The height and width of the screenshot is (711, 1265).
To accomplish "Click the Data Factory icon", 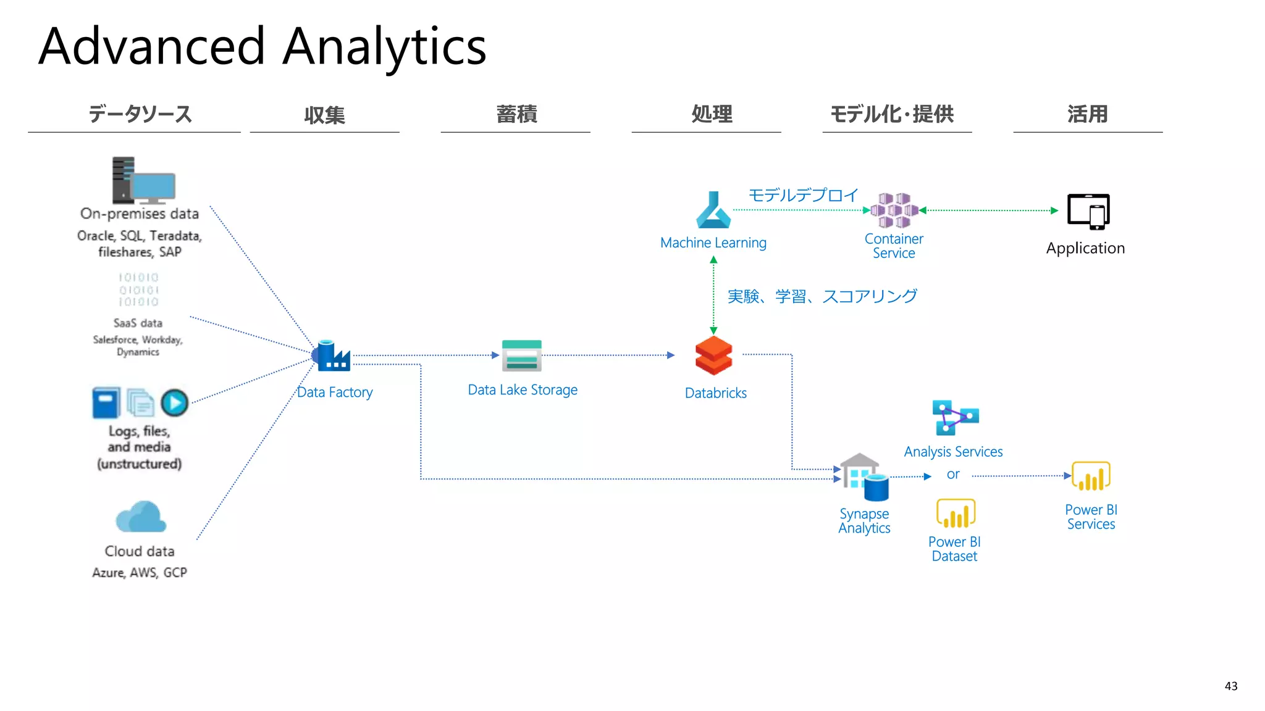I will [x=332, y=355].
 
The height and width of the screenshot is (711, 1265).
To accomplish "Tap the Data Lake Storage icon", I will [x=521, y=355].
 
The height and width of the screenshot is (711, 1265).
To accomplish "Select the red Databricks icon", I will [x=713, y=355].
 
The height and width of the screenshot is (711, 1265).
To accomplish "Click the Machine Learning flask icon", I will [x=713, y=210].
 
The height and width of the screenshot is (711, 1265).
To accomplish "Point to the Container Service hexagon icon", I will [x=894, y=210].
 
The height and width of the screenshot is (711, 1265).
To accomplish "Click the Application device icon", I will [x=1088, y=211].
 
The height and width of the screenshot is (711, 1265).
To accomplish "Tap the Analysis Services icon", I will [x=954, y=418].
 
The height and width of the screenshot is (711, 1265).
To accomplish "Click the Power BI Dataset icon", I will [x=955, y=513].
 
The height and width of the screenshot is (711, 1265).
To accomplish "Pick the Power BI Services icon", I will [x=1091, y=476].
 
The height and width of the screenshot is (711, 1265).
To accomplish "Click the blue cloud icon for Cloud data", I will [x=141, y=517].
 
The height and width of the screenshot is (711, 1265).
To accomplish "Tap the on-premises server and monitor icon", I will [x=143, y=180].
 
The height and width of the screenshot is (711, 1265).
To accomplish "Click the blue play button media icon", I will [x=175, y=403].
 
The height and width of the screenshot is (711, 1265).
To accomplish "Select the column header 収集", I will [x=324, y=115].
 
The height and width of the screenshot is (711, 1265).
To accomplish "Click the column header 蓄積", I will [x=516, y=114].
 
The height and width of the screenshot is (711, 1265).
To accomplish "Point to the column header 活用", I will [x=1087, y=114].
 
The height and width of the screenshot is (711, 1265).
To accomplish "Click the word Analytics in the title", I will [x=384, y=47].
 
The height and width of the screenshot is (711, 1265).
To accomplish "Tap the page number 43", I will [x=1230, y=686].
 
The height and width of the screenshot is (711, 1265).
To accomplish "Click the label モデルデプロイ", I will [x=803, y=195].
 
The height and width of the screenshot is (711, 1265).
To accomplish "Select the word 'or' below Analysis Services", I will [x=952, y=475].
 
